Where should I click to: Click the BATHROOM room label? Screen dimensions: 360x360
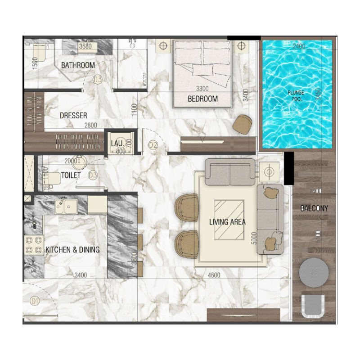point(78,65)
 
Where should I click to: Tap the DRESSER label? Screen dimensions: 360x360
point(73,116)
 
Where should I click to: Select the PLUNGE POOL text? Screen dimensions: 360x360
point(296,95)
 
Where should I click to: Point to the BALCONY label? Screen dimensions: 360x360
point(314,208)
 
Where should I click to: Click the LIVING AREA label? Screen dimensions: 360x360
point(227,222)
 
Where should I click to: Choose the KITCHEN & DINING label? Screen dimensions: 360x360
point(72,250)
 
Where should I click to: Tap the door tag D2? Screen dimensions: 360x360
point(153,145)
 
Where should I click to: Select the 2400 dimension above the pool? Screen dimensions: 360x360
point(299,46)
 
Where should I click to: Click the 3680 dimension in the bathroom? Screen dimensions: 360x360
point(85,46)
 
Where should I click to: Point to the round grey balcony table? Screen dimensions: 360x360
point(314,272)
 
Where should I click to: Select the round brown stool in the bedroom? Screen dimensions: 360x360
point(243,124)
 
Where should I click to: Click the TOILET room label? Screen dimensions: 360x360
point(71,175)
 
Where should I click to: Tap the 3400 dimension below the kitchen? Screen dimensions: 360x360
point(81,275)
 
